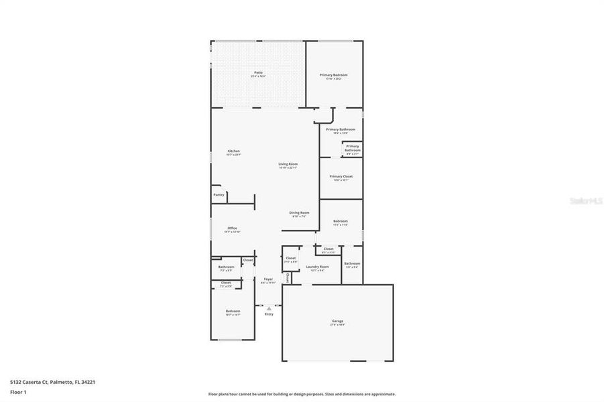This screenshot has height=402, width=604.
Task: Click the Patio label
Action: click(x=258, y=72)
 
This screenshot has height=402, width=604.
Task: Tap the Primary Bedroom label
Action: click(x=333, y=75)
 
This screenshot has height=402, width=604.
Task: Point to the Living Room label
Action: click(x=288, y=163)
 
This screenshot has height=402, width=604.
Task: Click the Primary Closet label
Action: click(x=341, y=177)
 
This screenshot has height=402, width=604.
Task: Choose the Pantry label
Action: click(x=219, y=194)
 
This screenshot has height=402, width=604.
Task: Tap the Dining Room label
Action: click(x=299, y=212)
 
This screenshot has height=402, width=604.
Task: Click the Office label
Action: click(x=232, y=228)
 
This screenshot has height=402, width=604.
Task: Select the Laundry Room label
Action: click(x=317, y=267)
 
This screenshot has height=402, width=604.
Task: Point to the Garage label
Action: click(x=337, y=321)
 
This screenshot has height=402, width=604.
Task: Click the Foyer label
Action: click(x=268, y=279)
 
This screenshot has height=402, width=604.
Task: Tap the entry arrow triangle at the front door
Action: click(x=269, y=308)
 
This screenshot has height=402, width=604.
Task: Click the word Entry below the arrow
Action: click(x=269, y=314)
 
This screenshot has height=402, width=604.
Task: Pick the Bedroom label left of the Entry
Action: click(x=233, y=311)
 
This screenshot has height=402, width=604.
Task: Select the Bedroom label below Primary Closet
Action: click(x=341, y=221)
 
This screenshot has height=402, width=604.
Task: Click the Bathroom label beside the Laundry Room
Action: click(x=352, y=263)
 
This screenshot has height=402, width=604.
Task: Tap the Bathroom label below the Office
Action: click(x=226, y=267)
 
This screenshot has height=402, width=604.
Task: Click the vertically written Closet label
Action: click(x=287, y=277)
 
